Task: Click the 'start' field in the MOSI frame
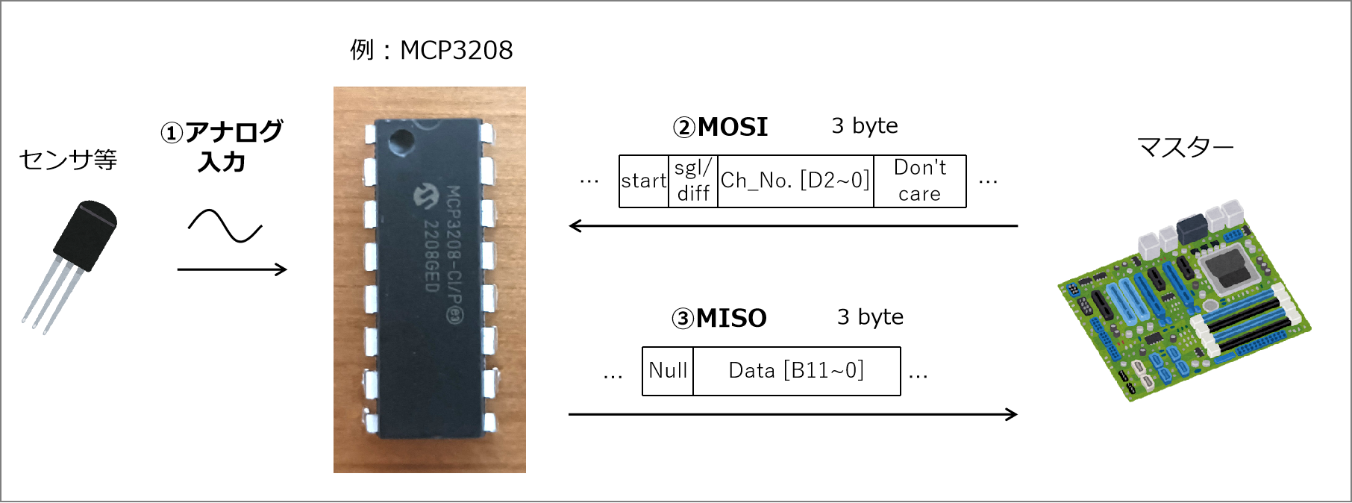(x=644, y=181)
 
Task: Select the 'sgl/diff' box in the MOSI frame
(x=693, y=181)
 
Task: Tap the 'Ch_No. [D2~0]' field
(x=795, y=181)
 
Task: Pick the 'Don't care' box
(x=920, y=181)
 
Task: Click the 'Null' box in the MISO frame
(x=668, y=371)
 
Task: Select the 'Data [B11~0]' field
(x=796, y=371)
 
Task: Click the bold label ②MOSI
(x=721, y=127)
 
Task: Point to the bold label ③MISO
(x=719, y=319)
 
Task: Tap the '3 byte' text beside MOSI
(x=865, y=126)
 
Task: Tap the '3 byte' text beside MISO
(x=870, y=317)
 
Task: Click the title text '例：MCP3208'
(x=431, y=50)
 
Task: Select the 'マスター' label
(x=1185, y=147)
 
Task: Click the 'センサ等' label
(x=68, y=159)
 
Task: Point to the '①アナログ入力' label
(x=222, y=146)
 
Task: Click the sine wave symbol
(x=225, y=226)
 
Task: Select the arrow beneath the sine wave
(x=232, y=269)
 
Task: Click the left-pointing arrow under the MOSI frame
(x=792, y=225)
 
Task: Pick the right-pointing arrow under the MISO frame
(x=792, y=414)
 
